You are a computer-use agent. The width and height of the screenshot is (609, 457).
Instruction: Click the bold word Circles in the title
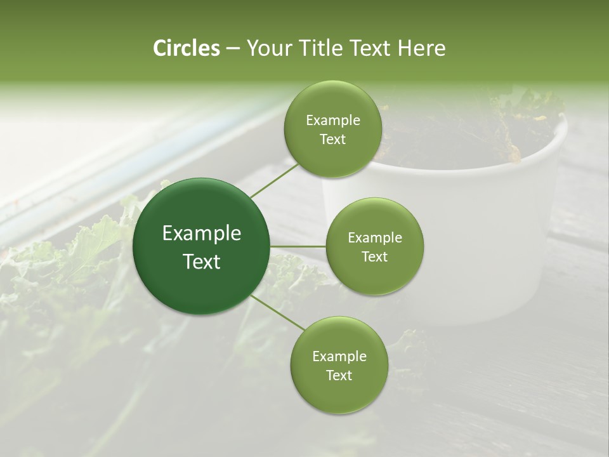(x=186, y=48)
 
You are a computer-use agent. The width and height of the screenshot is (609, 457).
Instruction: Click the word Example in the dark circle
(x=202, y=234)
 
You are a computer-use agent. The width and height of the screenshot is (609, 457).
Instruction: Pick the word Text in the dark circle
(x=202, y=262)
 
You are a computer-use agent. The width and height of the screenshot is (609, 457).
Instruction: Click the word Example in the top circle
(x=333, y=121)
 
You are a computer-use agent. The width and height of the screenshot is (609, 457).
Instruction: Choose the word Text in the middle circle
(x=375, y=257)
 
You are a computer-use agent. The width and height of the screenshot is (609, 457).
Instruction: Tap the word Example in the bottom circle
(x=339, y=357)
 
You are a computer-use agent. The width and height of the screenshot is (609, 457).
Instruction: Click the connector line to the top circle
(x=274, y=179)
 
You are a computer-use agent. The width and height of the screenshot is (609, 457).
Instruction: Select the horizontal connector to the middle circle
(x=298, y=246)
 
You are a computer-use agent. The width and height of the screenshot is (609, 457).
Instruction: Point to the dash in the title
(x=232, y=49)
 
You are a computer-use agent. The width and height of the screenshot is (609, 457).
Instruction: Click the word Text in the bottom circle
(x=339, y=376)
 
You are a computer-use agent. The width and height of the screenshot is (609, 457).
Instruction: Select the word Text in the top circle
(x=332, y=140)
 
